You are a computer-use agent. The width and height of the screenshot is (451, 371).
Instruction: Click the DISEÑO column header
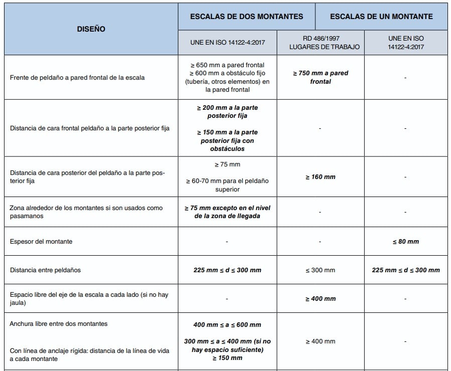[x=91, y=29]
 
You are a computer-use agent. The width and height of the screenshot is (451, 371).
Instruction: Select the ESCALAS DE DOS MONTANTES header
[x=247, y=17]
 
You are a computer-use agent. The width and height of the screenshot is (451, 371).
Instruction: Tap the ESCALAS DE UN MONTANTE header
[x=381, y=17]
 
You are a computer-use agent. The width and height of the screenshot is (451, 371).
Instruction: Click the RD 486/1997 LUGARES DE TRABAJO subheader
[x=320, y=43]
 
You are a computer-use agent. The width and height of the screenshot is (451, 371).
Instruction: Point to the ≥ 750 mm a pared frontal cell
[x=320, y=77]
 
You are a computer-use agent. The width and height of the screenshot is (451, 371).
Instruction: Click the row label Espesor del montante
[x=41, y=242]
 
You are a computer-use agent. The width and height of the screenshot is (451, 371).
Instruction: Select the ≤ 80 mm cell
[x=405, y=242]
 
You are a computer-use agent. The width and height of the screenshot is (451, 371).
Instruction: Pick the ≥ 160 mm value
[x=320, y=177]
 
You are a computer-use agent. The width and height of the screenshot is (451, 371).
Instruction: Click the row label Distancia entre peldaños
[x=45, y=270]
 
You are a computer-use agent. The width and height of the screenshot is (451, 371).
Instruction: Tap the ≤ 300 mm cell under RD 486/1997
[x=320, y=270]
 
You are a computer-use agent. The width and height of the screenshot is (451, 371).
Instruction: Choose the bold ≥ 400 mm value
[x=320, y=299]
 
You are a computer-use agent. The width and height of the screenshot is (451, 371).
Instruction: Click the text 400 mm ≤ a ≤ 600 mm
[x=227, y=325]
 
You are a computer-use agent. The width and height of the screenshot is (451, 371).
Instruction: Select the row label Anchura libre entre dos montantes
[x=59, y=324]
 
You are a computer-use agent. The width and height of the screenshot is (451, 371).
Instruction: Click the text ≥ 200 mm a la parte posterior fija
[x=227, y=112]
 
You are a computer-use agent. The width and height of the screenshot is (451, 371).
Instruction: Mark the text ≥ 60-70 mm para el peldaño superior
[x=227, y=185]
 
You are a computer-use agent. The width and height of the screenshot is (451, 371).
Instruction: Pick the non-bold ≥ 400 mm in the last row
[x=320, y=341]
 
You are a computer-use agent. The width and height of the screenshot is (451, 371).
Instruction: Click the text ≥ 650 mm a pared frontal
[x=227, y=65]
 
